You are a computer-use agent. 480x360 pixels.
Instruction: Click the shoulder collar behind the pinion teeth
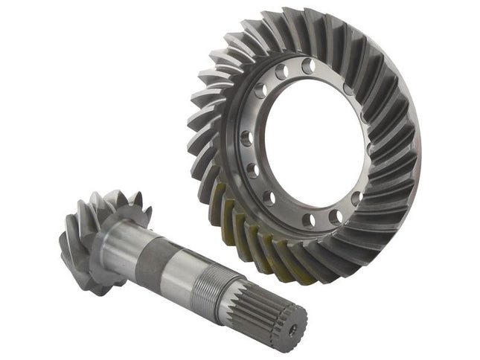[112, 238]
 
